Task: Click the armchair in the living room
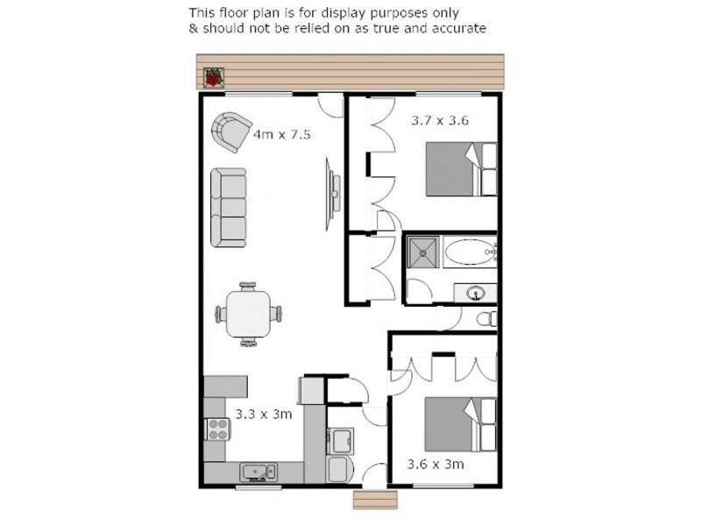click(230, 131)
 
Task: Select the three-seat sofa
click(229, 207)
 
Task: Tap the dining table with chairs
click(249, 311)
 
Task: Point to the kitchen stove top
click(216, 428)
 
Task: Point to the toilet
click(488, 319)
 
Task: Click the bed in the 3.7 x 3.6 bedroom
click(460, 170)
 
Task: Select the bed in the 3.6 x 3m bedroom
click(460, 424)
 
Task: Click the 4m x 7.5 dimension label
click(282, 135)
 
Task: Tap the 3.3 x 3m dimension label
click(264, 413)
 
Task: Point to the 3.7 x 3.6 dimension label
click(440, 121)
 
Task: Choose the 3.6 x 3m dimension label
click(435, 464)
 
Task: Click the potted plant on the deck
click(211, 77)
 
